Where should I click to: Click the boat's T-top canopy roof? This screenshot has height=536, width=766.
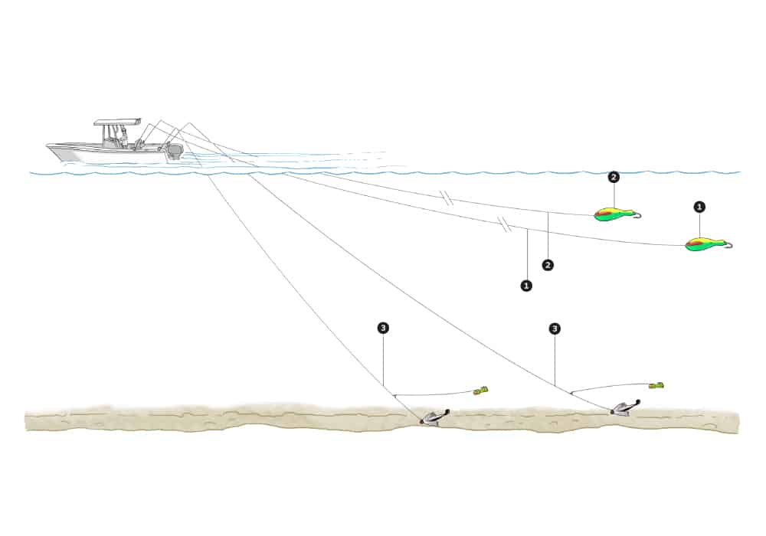click(x=117, y=122)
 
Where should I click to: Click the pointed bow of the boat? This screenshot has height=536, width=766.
click(x=50, y=145)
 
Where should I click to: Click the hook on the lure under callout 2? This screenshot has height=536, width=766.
click(x=635, y=215)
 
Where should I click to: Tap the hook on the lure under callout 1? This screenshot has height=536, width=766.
click(x=728, y=245)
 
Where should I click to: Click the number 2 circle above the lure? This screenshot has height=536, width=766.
click(x=613, y=178)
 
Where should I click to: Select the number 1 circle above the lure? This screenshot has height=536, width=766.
click(x=699, y=207)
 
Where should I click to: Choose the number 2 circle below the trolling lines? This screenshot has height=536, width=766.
click(x=548, y=265)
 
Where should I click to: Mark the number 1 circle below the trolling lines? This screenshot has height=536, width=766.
click(x=526, y=285)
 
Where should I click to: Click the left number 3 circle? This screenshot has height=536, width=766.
click(x=383, y=328)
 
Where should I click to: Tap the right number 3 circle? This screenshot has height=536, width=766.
click(x=555, y=328)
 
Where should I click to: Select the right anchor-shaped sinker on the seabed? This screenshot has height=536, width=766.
click(x=624, y=408)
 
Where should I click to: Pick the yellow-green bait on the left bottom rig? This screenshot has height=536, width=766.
click(x=480, y=391)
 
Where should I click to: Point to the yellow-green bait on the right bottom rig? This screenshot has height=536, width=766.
click(x=655, y=384)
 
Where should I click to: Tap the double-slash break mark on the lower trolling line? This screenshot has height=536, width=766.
click(x=503, y=224)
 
